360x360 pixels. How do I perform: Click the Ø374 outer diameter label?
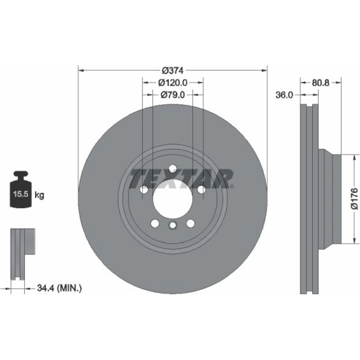[173, 71]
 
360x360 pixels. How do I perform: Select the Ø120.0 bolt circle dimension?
[173, 83]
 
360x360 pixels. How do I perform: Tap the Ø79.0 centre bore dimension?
[172, 95]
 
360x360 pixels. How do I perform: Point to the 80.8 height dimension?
[320, 83]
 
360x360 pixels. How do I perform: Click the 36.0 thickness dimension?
[284, 95]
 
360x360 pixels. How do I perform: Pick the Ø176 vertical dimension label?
[354, 199]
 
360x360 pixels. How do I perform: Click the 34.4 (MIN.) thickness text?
[59, 288]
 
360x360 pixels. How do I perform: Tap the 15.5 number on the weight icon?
[21, 194]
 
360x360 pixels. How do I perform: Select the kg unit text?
[39, 195]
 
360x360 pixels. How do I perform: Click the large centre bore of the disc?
[173, 199]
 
